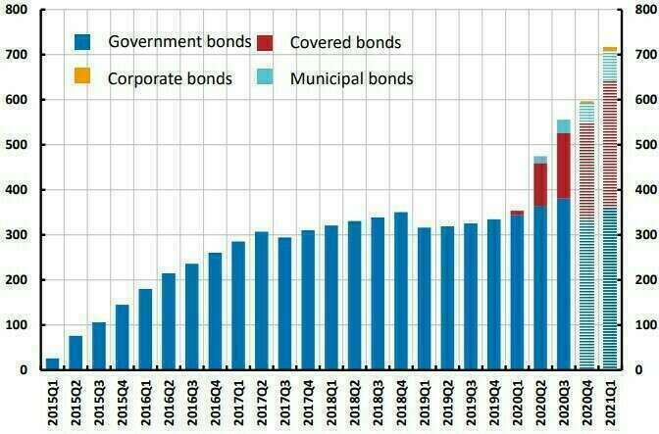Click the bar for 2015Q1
coord(52,364)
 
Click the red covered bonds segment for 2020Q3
coord(563,166)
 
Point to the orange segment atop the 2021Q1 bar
coord(609,48)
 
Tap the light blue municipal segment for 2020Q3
coord(563,125)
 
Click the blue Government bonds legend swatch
coord(83,42)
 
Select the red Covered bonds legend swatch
coord(265,42)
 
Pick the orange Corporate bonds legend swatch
coord(83,76)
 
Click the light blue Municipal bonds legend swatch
coord(265,76)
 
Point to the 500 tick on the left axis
coord(19,145)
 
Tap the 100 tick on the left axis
coord(19,325)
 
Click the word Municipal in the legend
coord(323,77)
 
